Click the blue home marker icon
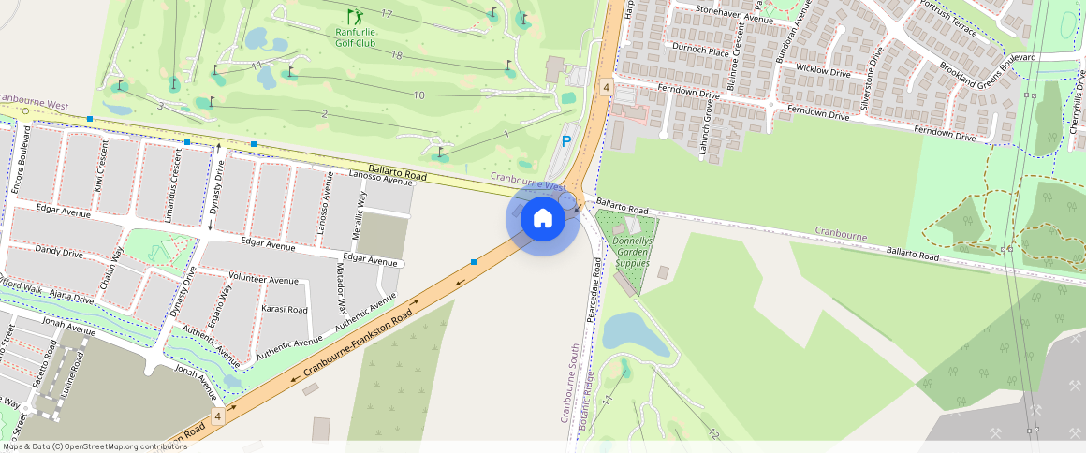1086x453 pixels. (542, 219)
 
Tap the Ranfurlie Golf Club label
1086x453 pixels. (356, 37)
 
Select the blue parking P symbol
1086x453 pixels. (565, 141)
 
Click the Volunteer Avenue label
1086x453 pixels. (264, 280)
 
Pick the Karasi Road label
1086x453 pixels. (285, 309)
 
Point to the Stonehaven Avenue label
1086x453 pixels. (735, 14)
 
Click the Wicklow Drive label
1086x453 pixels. (823, 70)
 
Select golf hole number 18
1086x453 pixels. (397, 56)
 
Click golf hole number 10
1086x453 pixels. (418, 95)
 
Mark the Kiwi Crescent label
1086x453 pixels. (100, 165)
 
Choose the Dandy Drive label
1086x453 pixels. (60, 252)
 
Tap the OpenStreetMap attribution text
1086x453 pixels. (95, 446)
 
